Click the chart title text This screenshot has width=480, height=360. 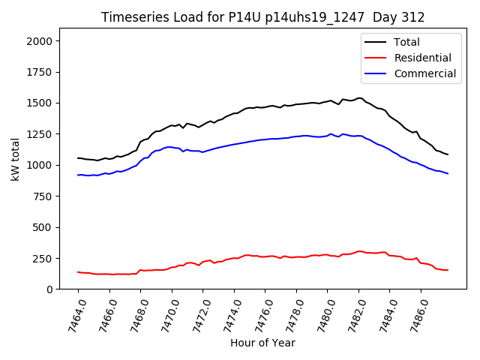tap(263, 17)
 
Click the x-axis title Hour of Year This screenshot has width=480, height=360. tap(263, 343)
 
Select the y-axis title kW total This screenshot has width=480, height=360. tap(15, 160)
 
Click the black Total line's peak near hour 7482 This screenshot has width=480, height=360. tap(359, 98)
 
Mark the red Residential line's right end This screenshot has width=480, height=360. tap(448, 270)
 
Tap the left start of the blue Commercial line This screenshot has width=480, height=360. tap(78, 175)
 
